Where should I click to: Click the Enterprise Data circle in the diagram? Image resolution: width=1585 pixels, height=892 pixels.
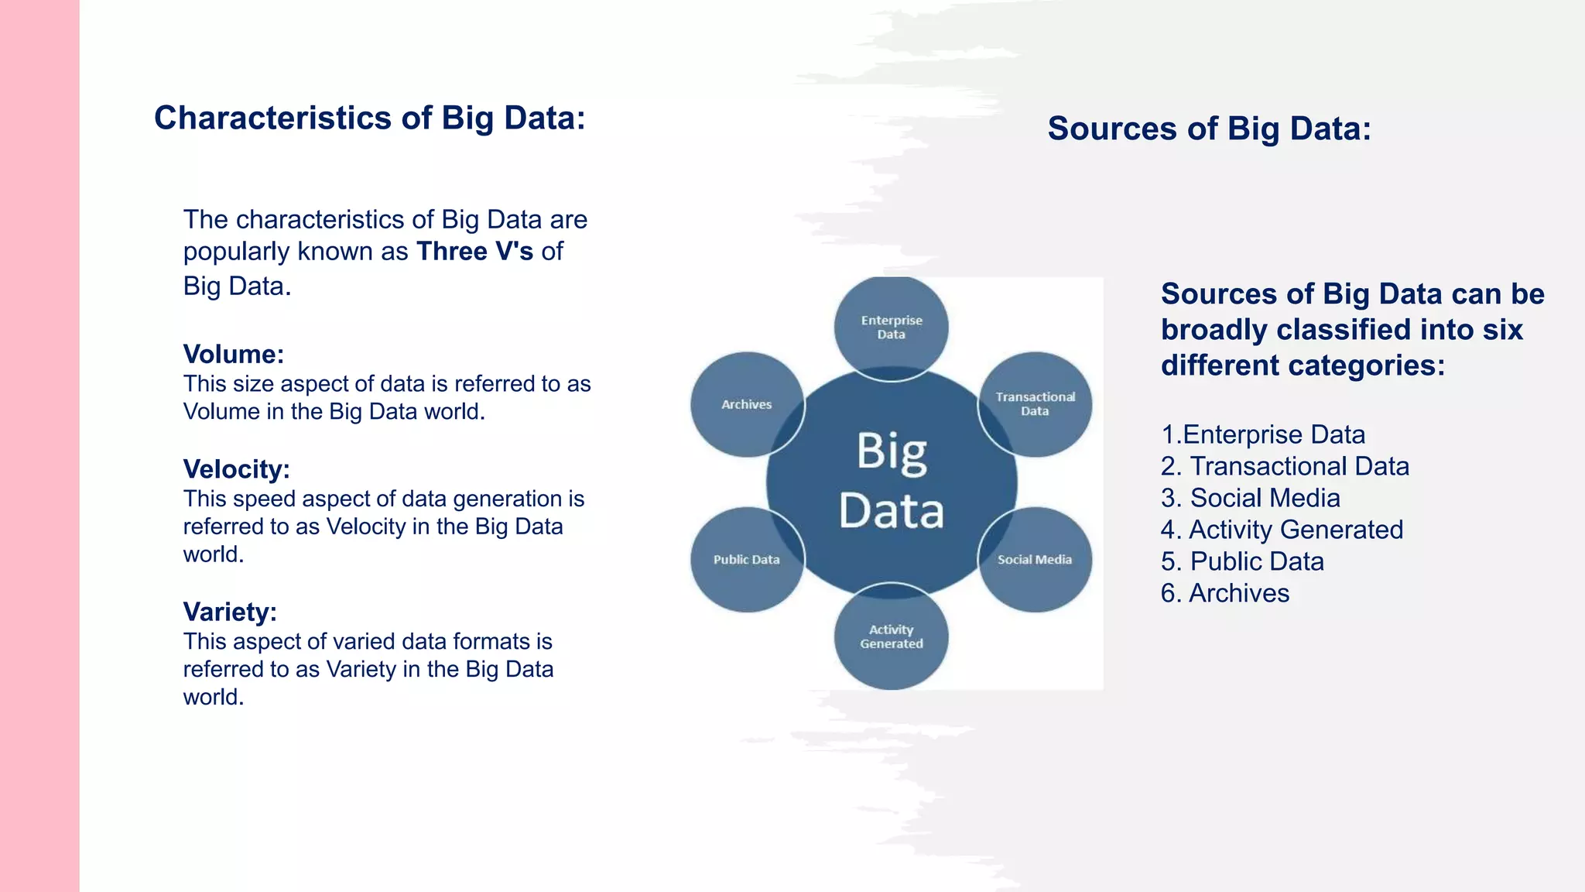coord(891,327)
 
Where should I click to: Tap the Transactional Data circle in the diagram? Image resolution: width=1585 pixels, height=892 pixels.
coord(1035,403)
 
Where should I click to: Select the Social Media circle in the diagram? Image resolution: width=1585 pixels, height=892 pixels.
coord(1035,559)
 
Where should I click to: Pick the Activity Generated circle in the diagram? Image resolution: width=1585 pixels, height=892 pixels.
coord(891,636)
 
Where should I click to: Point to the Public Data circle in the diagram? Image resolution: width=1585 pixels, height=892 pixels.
coord(747,559)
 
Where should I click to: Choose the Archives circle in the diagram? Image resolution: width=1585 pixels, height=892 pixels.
coord(747,403)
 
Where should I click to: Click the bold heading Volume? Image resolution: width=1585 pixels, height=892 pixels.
coord(234,354)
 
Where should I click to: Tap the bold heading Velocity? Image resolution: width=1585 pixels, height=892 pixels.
coord(236,469)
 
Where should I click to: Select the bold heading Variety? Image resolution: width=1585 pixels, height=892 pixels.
coord(230,612)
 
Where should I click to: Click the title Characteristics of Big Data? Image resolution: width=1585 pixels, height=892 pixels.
coord(369,118)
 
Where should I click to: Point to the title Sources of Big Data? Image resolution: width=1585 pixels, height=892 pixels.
coord(1209,129)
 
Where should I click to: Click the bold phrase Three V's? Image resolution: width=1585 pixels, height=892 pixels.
coord(474,252)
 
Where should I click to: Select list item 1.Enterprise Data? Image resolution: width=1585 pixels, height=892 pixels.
coord(1263,434)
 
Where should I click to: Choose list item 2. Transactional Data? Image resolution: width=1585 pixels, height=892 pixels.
coord(1285,466)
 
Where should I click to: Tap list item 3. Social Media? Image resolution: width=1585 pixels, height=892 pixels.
coord(1250,498)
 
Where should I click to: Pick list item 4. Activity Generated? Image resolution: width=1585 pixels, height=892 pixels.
coord(1282,530)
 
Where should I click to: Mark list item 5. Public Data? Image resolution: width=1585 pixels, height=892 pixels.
coord(1242,561)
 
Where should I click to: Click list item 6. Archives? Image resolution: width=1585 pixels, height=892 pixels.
coord(1225,593)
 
